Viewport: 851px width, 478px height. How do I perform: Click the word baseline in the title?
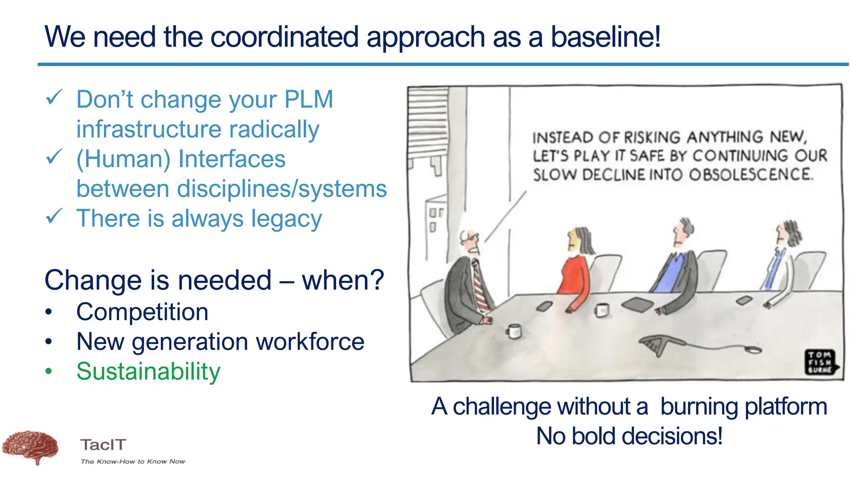tap(605, 37)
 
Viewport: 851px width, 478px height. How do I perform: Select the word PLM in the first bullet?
tap(308, 100)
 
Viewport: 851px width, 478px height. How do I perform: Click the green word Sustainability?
tap(148, 371)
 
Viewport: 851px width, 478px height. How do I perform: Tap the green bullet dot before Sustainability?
tap(49, 371)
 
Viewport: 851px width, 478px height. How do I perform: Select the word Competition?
tap(142, 312)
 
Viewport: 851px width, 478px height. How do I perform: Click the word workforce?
tap(310, 341)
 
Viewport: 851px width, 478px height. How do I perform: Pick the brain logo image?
tap(31, 447)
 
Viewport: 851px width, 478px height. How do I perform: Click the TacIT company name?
tap(103, 445)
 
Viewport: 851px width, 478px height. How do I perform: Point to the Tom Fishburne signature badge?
tap(820, 362)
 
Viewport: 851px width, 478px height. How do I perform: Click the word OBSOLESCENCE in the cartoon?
tap(750, 175)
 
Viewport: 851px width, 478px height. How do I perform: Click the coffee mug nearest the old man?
tap(514, 331)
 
